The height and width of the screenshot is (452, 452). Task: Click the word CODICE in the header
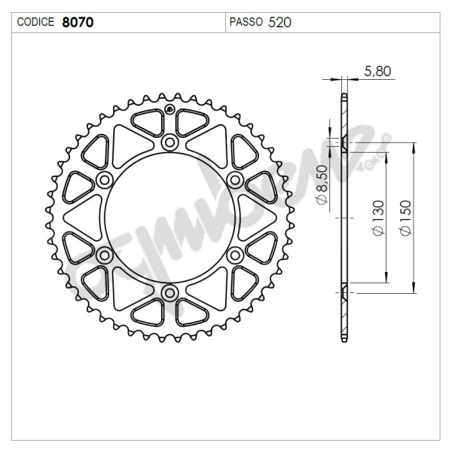(35, 22)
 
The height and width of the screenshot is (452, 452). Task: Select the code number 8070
(78, 22)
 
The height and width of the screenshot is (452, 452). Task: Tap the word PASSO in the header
(246, 22)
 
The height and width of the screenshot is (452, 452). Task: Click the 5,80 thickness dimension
(377, 72)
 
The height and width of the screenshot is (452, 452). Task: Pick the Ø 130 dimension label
(377, 218)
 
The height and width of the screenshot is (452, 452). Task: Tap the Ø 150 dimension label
(406, 218)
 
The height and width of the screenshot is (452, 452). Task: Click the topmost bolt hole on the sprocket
(169, 142)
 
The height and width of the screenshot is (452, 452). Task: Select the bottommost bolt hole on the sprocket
(169, 292)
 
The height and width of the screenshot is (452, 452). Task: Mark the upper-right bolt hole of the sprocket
(234, 179)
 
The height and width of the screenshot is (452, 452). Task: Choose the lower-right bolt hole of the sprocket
(234, 255)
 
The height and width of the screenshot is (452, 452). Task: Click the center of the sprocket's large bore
(169, 217)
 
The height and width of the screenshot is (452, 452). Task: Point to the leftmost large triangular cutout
(81, 217)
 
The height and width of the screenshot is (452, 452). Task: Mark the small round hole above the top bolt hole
(169, 113)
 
